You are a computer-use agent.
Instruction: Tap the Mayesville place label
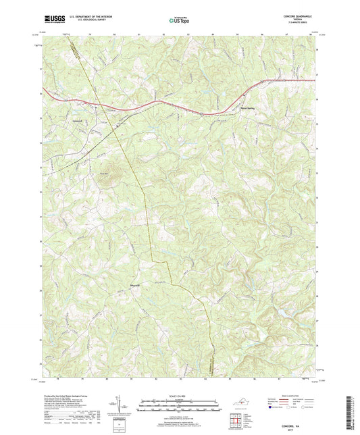pyautogui.click(x=136, y=284)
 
